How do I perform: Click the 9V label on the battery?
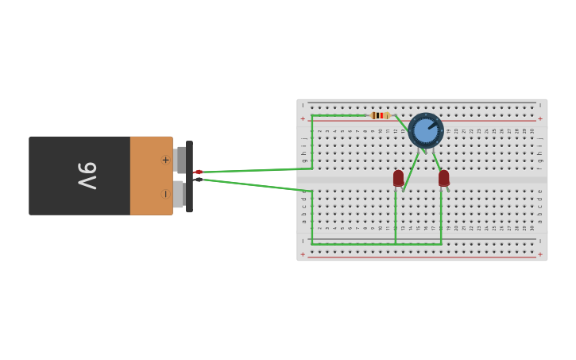click(x=87, y=175)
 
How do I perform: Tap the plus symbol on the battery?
click(x=165, y=160)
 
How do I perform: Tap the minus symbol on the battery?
click(x=165, y=194)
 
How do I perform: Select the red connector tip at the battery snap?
click(x=198, y=172)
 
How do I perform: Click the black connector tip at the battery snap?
click(x=198, y=180)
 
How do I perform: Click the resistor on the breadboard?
click(x=381, y=115)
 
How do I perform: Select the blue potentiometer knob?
click(x=426, y=130)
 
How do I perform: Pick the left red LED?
click(x=398, y=178)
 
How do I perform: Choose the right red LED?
click(x=443, y=178)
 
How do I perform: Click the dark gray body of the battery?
click(x=79, y=199)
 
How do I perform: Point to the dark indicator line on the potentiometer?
click(x=432, y=125)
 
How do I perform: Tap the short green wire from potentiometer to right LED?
click(x=435, y=160)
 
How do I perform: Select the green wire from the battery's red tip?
click(x=254, y=169)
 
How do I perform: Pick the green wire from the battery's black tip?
click(x=254, y=186)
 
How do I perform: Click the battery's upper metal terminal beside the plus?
click(x=180, y=160)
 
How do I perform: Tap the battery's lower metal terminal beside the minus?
click(x=179, y=194)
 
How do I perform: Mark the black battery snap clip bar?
click(x=189, y=176)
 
